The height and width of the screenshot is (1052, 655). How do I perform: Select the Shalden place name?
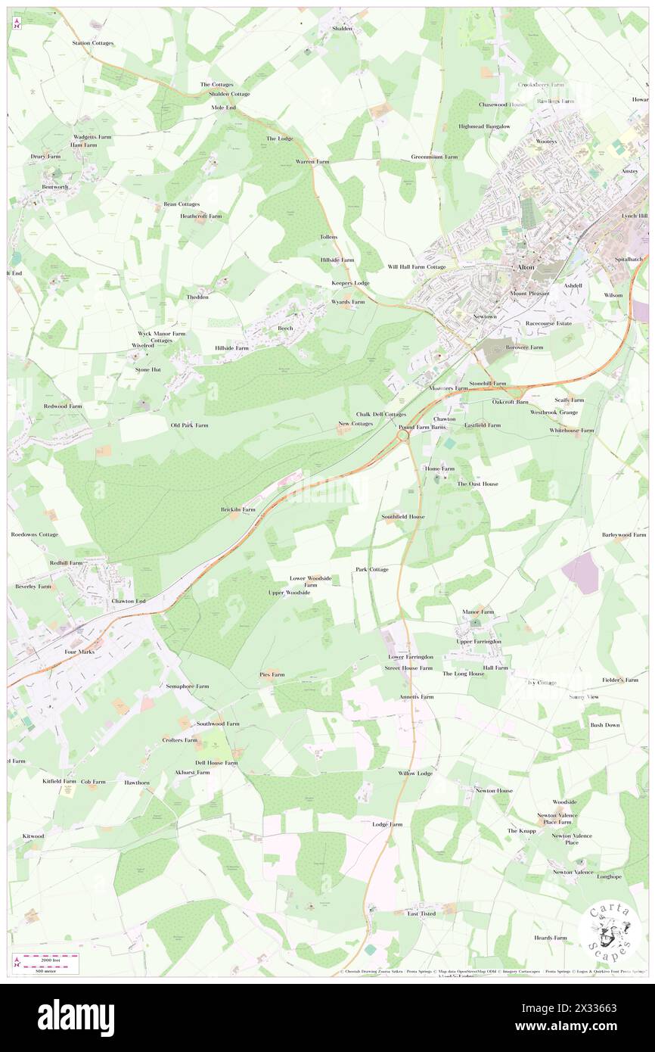pyautogui.click(x=342, y=28)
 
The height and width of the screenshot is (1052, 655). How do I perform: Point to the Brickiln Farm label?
pyautogui.click(x=237, y=509)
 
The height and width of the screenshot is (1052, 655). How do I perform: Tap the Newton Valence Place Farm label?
pyautogui.click(x=557, y=819)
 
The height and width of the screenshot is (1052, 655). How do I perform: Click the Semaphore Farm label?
pyautogui.click(x=187, y=686)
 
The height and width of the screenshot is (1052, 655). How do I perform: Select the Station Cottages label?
pyautogui.click(x=92, y=43)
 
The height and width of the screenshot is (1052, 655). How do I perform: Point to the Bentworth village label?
pyautogui.click(x=54, y=186)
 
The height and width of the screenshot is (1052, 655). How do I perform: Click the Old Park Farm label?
pyautogui.click(x=189, y=425)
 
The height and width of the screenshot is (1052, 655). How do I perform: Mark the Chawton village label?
pyautogui.click(x=444, y=419)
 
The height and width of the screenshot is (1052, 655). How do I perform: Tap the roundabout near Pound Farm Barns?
pyautogui.click(x=403, y=436)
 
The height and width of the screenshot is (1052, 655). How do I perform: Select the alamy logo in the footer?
pyautogui.click(x=76, y=1017)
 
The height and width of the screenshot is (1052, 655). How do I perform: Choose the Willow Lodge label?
pyautogui.click(x=415, y=773)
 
